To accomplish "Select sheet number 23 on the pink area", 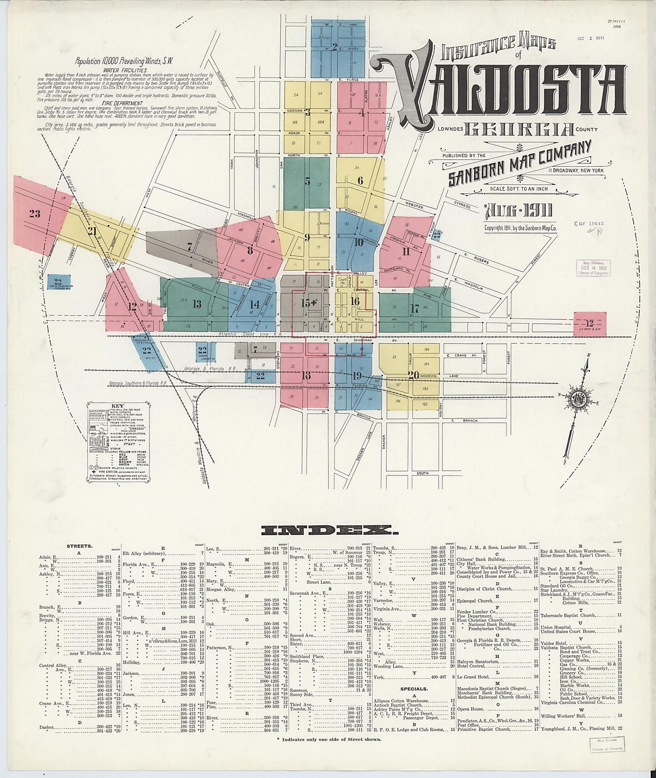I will click(35, 214).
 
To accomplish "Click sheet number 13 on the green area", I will click(197, 304).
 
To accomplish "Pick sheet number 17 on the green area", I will click(415, 309).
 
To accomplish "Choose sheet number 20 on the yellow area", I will click(413, 375).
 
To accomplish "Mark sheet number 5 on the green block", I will click(307, 181).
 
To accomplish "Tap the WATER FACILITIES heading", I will click(125, 70).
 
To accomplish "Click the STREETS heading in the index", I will click(79, 546).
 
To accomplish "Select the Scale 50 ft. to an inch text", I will click(516, 189).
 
